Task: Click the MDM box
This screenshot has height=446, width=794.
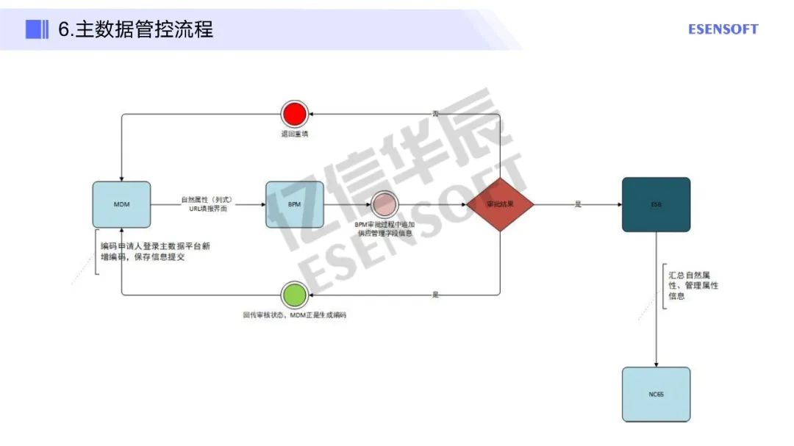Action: pyautogui.click(x=121, y=204)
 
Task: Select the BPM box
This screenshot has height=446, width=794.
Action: pyautogui.click(x=294, y=204)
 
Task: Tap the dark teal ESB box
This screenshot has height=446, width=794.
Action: pyautogui.click(x=656, y=204)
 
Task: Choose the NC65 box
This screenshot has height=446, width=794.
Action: pyautogui.click(x=656, y=394)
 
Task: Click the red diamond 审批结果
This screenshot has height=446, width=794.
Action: pyautogui.click(x=500, y=204)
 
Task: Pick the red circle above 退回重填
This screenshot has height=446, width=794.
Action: pyautogui.click(x=293, y=114)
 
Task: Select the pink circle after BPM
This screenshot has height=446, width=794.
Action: pyautogui.click(x=384, y=204)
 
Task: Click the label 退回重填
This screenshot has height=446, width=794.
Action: pyautogui.click(x=294, y=134)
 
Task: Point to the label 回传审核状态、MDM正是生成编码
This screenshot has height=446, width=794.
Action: pyautogui.click(x=294, y=314)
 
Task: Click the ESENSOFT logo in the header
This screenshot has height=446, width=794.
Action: pyautogui.click(x=723, y=29)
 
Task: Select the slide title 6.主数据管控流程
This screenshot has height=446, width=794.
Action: pyautogui.click(x=136, y=29)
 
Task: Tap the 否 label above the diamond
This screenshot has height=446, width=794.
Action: pyautogui.click(x=435, y=114)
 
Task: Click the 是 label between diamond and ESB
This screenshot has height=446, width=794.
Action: pyautogui.click(x=578, y=204)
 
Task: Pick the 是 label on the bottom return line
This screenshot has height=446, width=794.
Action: pyautogui.click(x=435, y=294)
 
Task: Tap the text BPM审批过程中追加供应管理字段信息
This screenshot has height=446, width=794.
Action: pyautogui.click(x=385, y=228)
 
